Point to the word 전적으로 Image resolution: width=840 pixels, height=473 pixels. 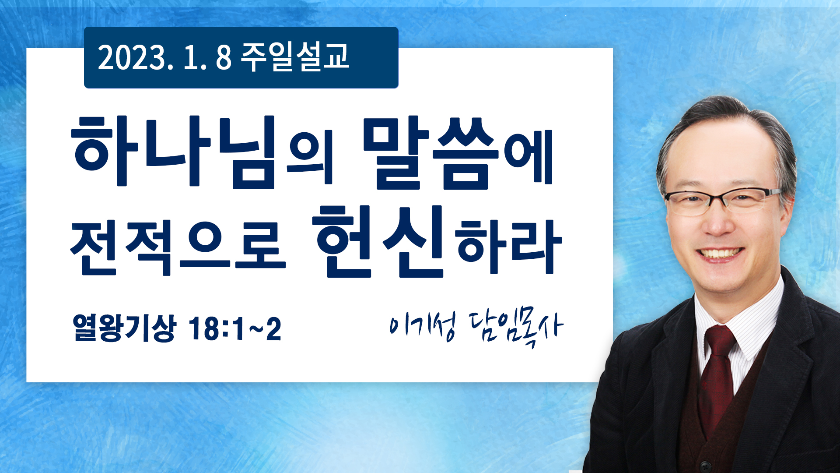coord(178,247)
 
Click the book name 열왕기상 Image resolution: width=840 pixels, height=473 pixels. coord(124,328)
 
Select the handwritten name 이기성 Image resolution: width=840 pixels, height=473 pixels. coord(423,325)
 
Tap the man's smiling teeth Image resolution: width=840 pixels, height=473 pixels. coord(721,253)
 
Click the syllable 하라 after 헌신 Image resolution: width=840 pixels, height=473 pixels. coord(508,247)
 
